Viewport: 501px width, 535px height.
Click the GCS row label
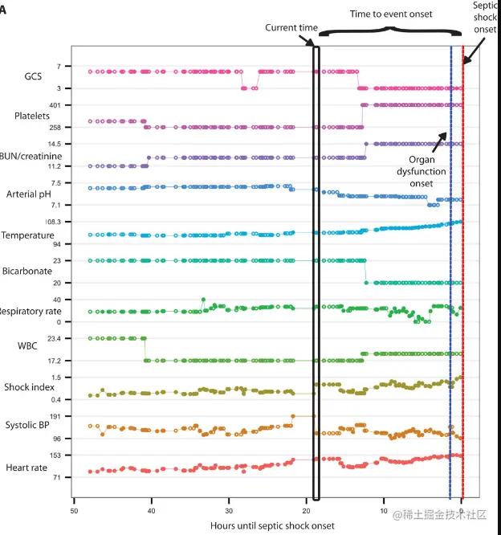click(x=33, y=77)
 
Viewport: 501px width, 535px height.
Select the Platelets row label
click(x=32, y=116)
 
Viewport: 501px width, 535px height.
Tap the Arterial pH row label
click(x=33, y=194)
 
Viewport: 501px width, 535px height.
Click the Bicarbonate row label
click(x=33, y=272)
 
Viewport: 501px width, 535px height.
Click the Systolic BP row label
click(x=31, y=425)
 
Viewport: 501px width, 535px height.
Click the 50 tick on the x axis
click(x=73, y=510)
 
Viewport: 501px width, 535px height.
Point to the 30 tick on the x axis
click(x=229, y=510)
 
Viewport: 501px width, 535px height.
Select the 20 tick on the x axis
click(x=306, y=510)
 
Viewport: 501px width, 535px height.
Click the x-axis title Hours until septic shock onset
click(x=272, y=525)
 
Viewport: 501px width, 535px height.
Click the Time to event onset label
click(x=390, y=14)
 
